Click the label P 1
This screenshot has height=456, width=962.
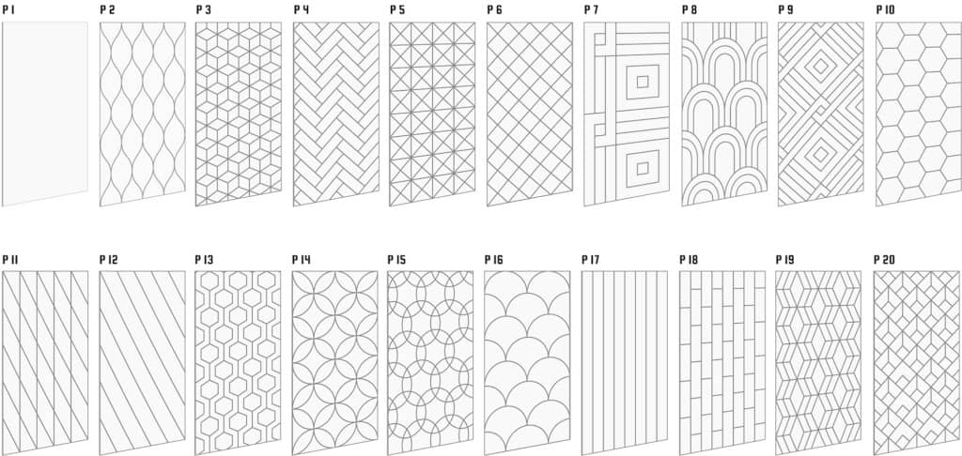(8, 10)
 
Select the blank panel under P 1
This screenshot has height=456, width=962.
(45, 114)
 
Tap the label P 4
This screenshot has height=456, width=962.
(301, 10)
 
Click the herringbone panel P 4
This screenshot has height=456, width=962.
(336, 114)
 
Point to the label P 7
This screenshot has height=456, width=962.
(592, 10)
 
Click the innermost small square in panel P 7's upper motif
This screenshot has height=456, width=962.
(643, 82)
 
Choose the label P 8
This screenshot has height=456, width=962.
(689, 10)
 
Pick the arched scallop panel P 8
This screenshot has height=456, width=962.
(724, 114)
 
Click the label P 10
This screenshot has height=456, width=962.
(885, 10)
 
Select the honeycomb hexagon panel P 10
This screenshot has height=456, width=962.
(919, 114)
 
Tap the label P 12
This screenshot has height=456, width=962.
(109, 260)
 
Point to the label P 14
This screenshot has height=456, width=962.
(302, 260)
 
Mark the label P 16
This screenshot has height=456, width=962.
(494, 260)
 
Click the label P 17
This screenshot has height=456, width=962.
(591, 260)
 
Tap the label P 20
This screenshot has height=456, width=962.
(884, 260)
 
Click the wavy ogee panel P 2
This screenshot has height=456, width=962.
(143, 114)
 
